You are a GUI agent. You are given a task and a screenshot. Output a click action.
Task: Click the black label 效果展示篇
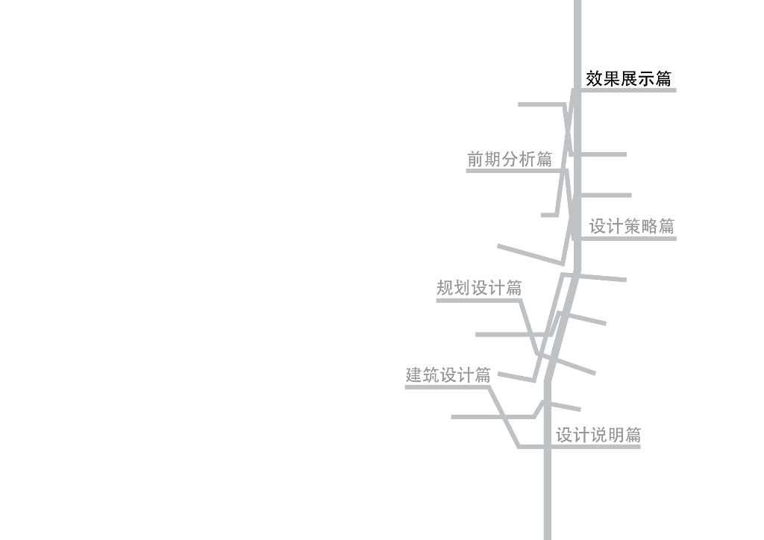[x=628, y=78]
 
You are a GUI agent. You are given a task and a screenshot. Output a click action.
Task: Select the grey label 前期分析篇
[x=510, y=159]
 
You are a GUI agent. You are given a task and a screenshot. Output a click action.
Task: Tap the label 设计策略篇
[x=632, y=227]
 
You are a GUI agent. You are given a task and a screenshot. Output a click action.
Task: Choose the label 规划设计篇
[x=479, y=288]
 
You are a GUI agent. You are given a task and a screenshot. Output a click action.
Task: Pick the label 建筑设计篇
[x=448, y=375]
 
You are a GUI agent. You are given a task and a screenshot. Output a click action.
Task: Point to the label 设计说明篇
[x=598, y=436]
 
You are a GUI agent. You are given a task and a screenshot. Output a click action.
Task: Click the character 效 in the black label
[x=595, y=78]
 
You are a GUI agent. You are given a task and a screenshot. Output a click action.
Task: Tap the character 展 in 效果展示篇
[x=629, y=78]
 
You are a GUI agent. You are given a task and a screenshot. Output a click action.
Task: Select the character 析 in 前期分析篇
[x=527, y=159]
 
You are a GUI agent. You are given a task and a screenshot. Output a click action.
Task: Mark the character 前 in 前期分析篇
[x=476, y=159]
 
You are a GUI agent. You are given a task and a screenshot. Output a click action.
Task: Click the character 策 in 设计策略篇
[x=632, y=227]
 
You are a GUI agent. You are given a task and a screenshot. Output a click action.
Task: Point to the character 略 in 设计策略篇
[x=649, y=227]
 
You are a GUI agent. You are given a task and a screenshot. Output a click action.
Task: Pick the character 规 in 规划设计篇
[x=445, y=288]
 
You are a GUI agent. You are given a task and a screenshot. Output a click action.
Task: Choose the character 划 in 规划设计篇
[x=463, y=288]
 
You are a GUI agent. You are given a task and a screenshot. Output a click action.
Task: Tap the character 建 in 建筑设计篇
[x=415, y=375]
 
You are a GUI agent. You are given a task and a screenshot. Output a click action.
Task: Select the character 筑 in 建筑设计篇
[x=432, y=375]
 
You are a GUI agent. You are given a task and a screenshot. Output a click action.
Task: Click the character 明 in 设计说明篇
[x=616, y=436]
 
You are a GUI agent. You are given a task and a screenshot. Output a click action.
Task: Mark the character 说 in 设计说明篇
[x=598, y=436]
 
